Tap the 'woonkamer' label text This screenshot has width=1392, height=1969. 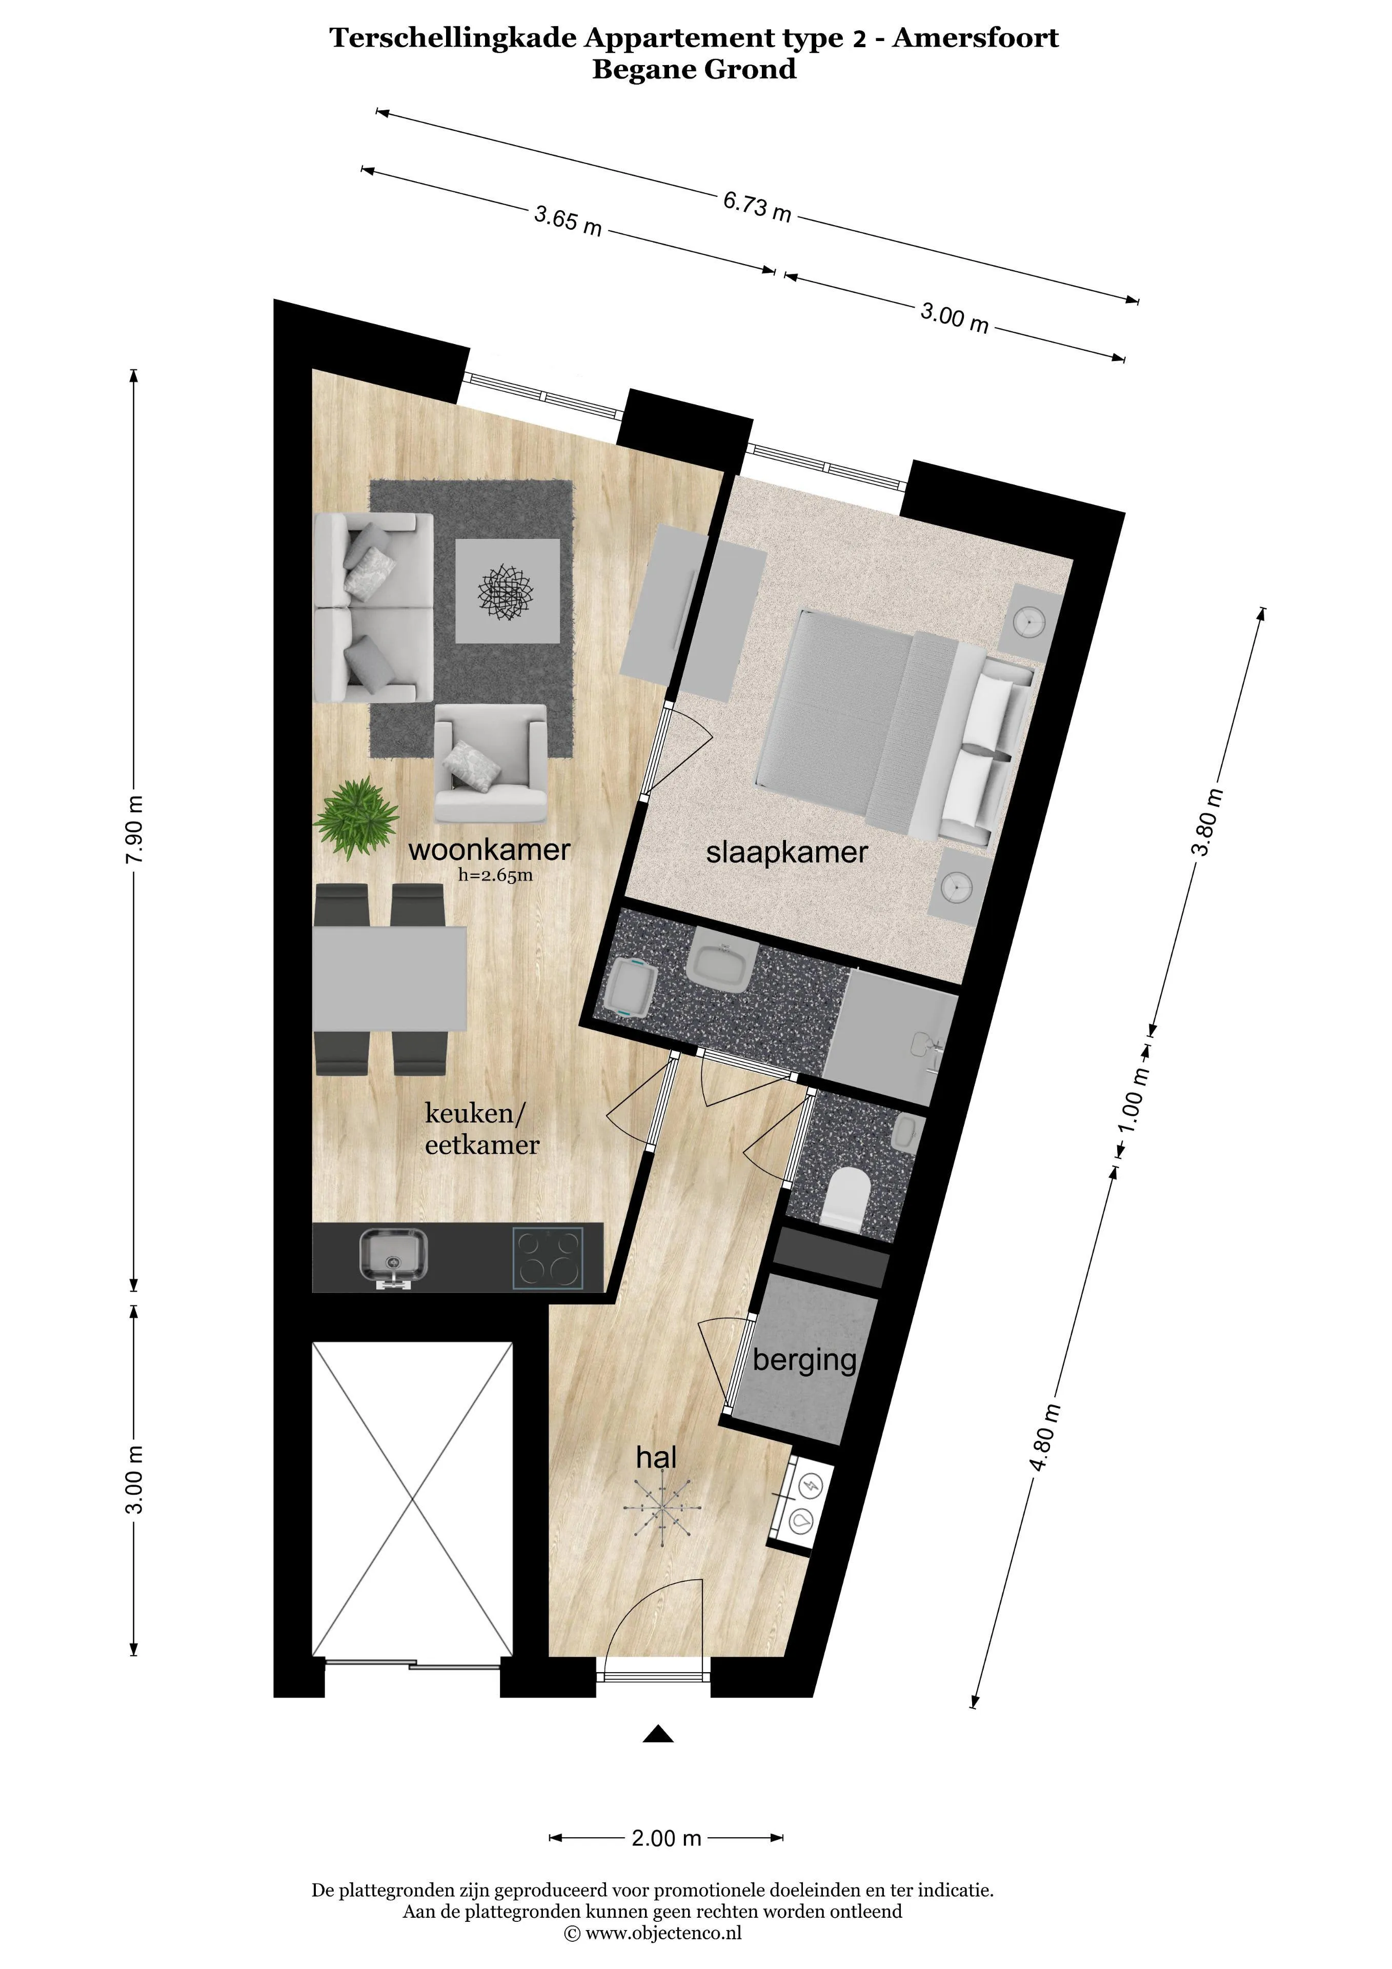489,850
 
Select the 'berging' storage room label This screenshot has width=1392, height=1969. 804,1361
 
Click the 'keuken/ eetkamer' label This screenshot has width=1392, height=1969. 482,1130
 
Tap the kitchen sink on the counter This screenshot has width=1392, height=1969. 393,1258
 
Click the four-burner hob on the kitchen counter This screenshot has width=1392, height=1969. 547,1258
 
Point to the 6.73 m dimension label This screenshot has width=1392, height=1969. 756,206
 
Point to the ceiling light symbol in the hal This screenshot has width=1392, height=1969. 660,1508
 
